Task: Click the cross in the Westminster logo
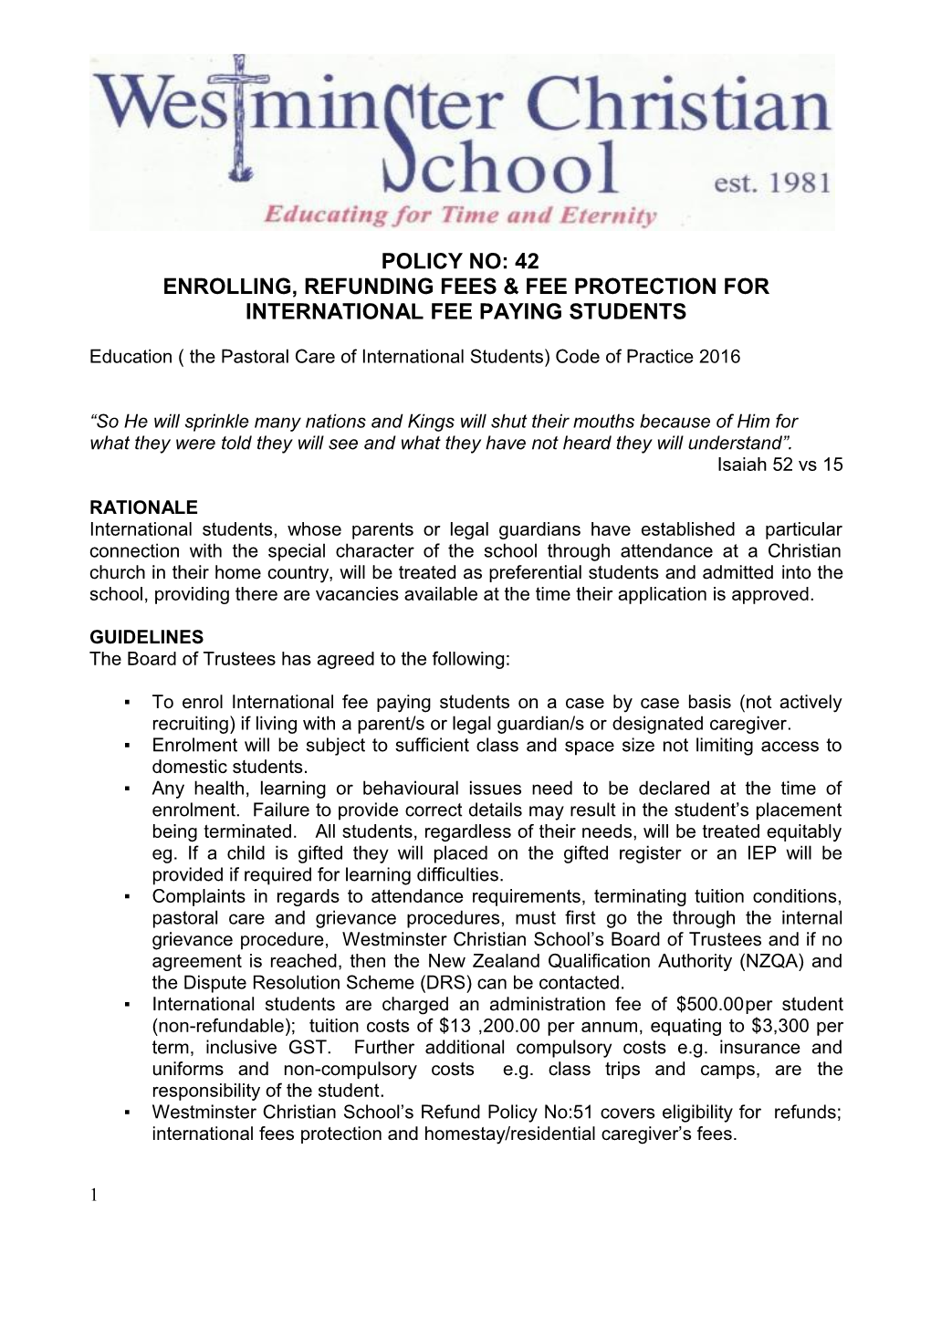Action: click(240, 114)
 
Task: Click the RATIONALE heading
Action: click(144, 507)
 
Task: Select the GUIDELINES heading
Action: click(147, 637)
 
